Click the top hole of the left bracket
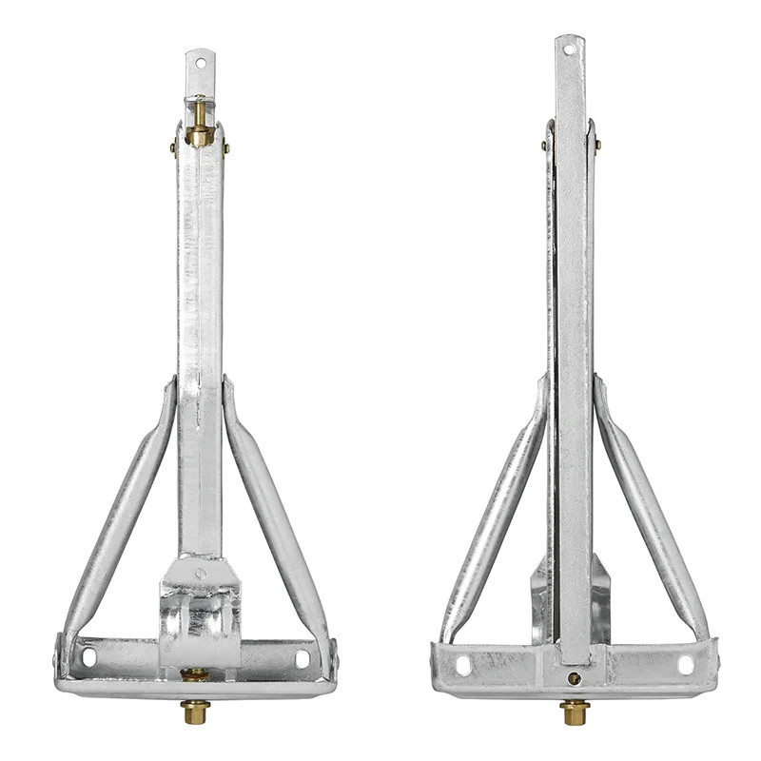point(200,65)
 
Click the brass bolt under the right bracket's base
point(574,711)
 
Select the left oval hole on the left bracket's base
point(89,656)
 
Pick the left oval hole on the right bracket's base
point(463,665)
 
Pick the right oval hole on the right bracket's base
point(685,665)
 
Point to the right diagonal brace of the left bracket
point(275,514)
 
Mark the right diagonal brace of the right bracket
point(652,514)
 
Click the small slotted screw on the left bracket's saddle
point(200,573)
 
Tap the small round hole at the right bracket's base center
point(574,678)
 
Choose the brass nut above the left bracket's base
point(195,674)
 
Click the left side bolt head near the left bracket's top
point(173,147)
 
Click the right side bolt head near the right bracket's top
point(597,146)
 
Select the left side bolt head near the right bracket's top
point(544,146)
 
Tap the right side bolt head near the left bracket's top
point(226,147)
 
